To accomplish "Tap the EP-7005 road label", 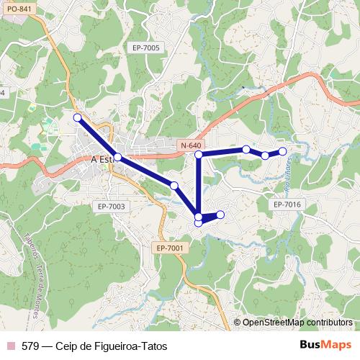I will (146, 48).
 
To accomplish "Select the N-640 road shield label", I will (191, 145).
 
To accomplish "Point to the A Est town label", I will (102, 160).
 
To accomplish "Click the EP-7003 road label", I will (111, 207).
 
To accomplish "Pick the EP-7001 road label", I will (171, 248).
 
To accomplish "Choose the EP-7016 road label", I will (287, 205).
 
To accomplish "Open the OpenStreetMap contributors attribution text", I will (298, 323).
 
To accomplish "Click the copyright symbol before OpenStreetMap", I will (238, 323).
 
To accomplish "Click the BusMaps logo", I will (325, 344).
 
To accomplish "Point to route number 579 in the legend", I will (30, 345).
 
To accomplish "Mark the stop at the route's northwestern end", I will (77, 117).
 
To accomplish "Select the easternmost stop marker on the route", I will (283, 151).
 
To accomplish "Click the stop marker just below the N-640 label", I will (199, 155).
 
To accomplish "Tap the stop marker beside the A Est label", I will (117, 156).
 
